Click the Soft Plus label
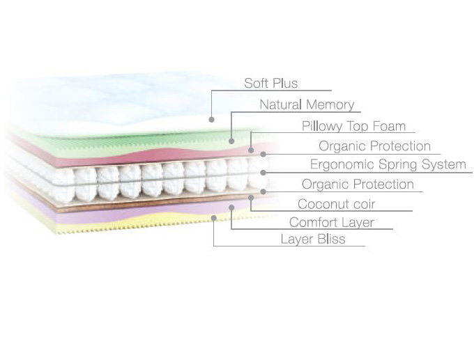click(x=270, y=84)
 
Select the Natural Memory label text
click(x=307, y=105)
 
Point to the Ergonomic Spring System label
click(x=388, y=165)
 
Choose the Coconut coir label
click(x=336, y=204)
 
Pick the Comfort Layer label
click(x=331, y=223)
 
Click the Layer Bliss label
click(x=312, y=240)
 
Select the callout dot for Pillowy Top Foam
click(x=250, y=150)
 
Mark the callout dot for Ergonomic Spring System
click(x=263, y=172)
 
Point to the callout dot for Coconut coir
click(x=250, y=198)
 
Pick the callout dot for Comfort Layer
click(x=231, y=207)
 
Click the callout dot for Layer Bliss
click(x=213, y=217)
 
